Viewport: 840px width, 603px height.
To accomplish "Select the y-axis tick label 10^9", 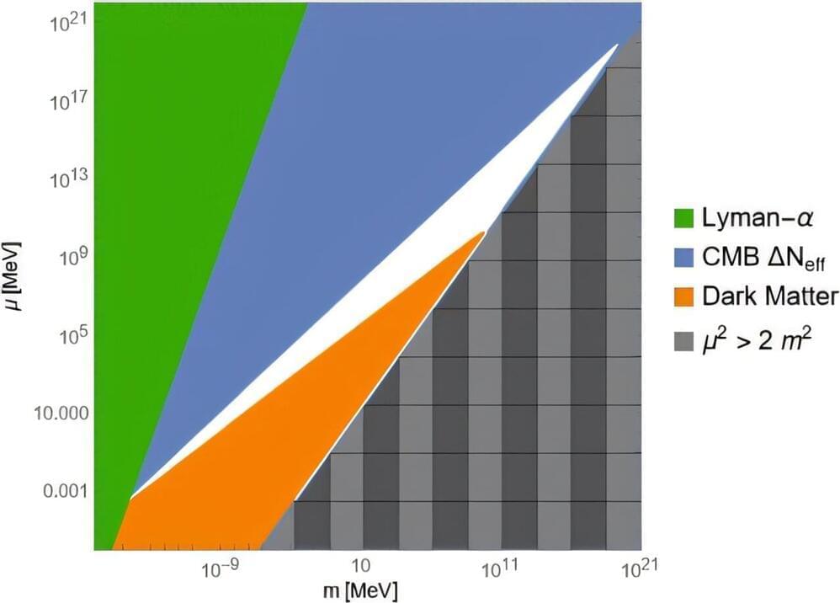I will [67, 258].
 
